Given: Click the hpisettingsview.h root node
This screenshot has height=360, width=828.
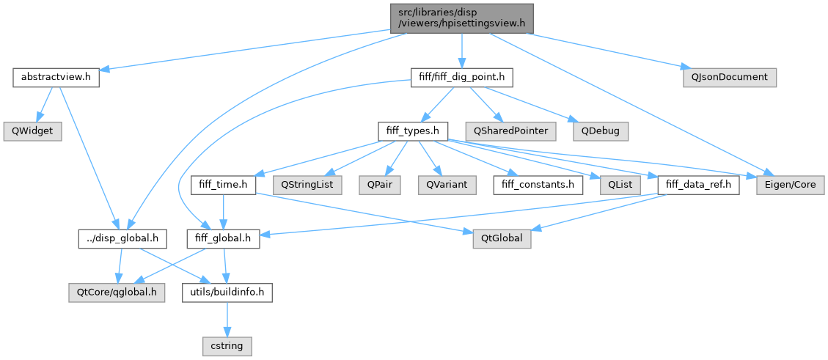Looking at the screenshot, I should [461, 17].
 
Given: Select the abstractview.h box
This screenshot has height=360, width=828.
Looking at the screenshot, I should [56, 77].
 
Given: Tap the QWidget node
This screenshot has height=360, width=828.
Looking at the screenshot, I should [31, 131].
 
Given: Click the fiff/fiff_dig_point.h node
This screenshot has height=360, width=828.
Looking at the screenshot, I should [461, 77].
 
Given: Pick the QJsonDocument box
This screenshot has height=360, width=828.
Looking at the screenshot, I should [728, 77].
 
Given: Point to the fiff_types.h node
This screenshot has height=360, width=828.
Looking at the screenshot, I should [412, 131].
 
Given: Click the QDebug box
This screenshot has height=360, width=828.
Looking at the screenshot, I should [600, 131].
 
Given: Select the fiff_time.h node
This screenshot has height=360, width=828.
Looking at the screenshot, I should [223, 185].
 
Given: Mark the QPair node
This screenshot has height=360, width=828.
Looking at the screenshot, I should [379, 185].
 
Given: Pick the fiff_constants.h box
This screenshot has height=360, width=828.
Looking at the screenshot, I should [538, 185].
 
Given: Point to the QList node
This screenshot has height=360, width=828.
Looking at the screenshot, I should [615, 185].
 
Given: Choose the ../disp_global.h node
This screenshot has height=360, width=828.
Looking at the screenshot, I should [123, 239].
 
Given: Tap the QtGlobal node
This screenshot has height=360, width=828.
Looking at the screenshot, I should [503, 239].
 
